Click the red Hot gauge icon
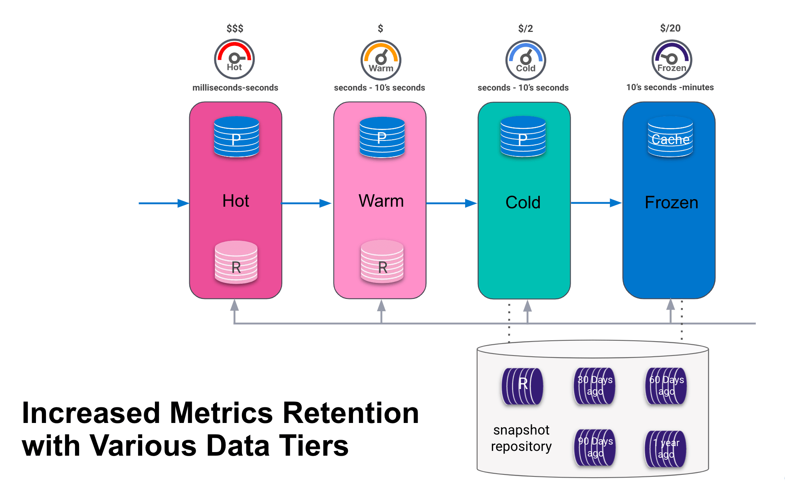pos(234,59)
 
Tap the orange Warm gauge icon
pos(381,60)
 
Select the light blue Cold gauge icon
pos(525,60)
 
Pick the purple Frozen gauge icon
pos(672,60)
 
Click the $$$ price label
pos(235,28)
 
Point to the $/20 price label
pos(670,28)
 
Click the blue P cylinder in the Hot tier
pos(236,136)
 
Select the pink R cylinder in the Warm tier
pos(382,262)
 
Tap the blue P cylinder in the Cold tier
pos(523,136)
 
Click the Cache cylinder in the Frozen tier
pos(670,137)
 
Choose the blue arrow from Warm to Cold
pos(451,203)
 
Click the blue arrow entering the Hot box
pos(164,203)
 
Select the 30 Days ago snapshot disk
pos(595,386)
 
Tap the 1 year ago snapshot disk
pos(666,449)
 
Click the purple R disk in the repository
pos(522,386)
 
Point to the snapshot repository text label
pos(521,438)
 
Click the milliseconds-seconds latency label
pos(235,87)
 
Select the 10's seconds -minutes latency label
pos(670,87)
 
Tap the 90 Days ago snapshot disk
pos(595,447)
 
